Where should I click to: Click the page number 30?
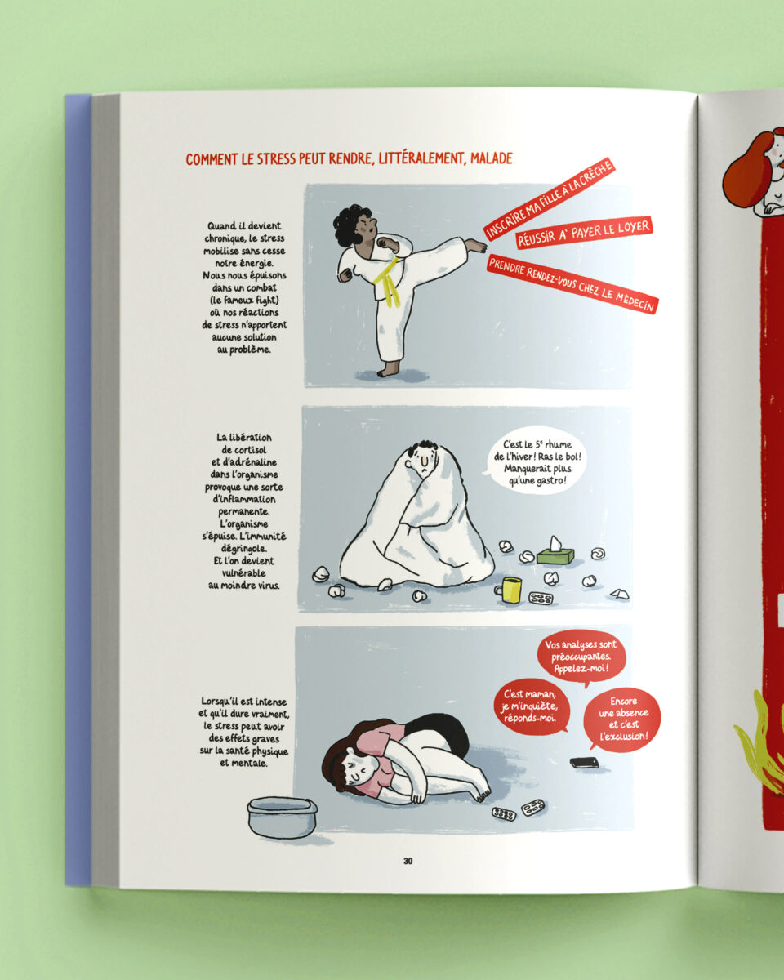click(x=408, y=861)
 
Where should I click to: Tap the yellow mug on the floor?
click(x=509, y=590)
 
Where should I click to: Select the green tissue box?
click(x=556, y=552)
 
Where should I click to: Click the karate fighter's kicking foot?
click(x=475, y=245)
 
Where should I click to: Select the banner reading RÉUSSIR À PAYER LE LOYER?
click(x=585, y=232)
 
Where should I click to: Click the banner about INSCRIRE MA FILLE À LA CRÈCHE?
click(x=550, y=199)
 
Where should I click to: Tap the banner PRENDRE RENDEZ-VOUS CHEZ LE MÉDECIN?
click(x=572, y=284)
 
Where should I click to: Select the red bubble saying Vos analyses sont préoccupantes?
click(x=581, y=657)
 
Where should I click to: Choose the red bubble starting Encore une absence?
click(x=622, y=719)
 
